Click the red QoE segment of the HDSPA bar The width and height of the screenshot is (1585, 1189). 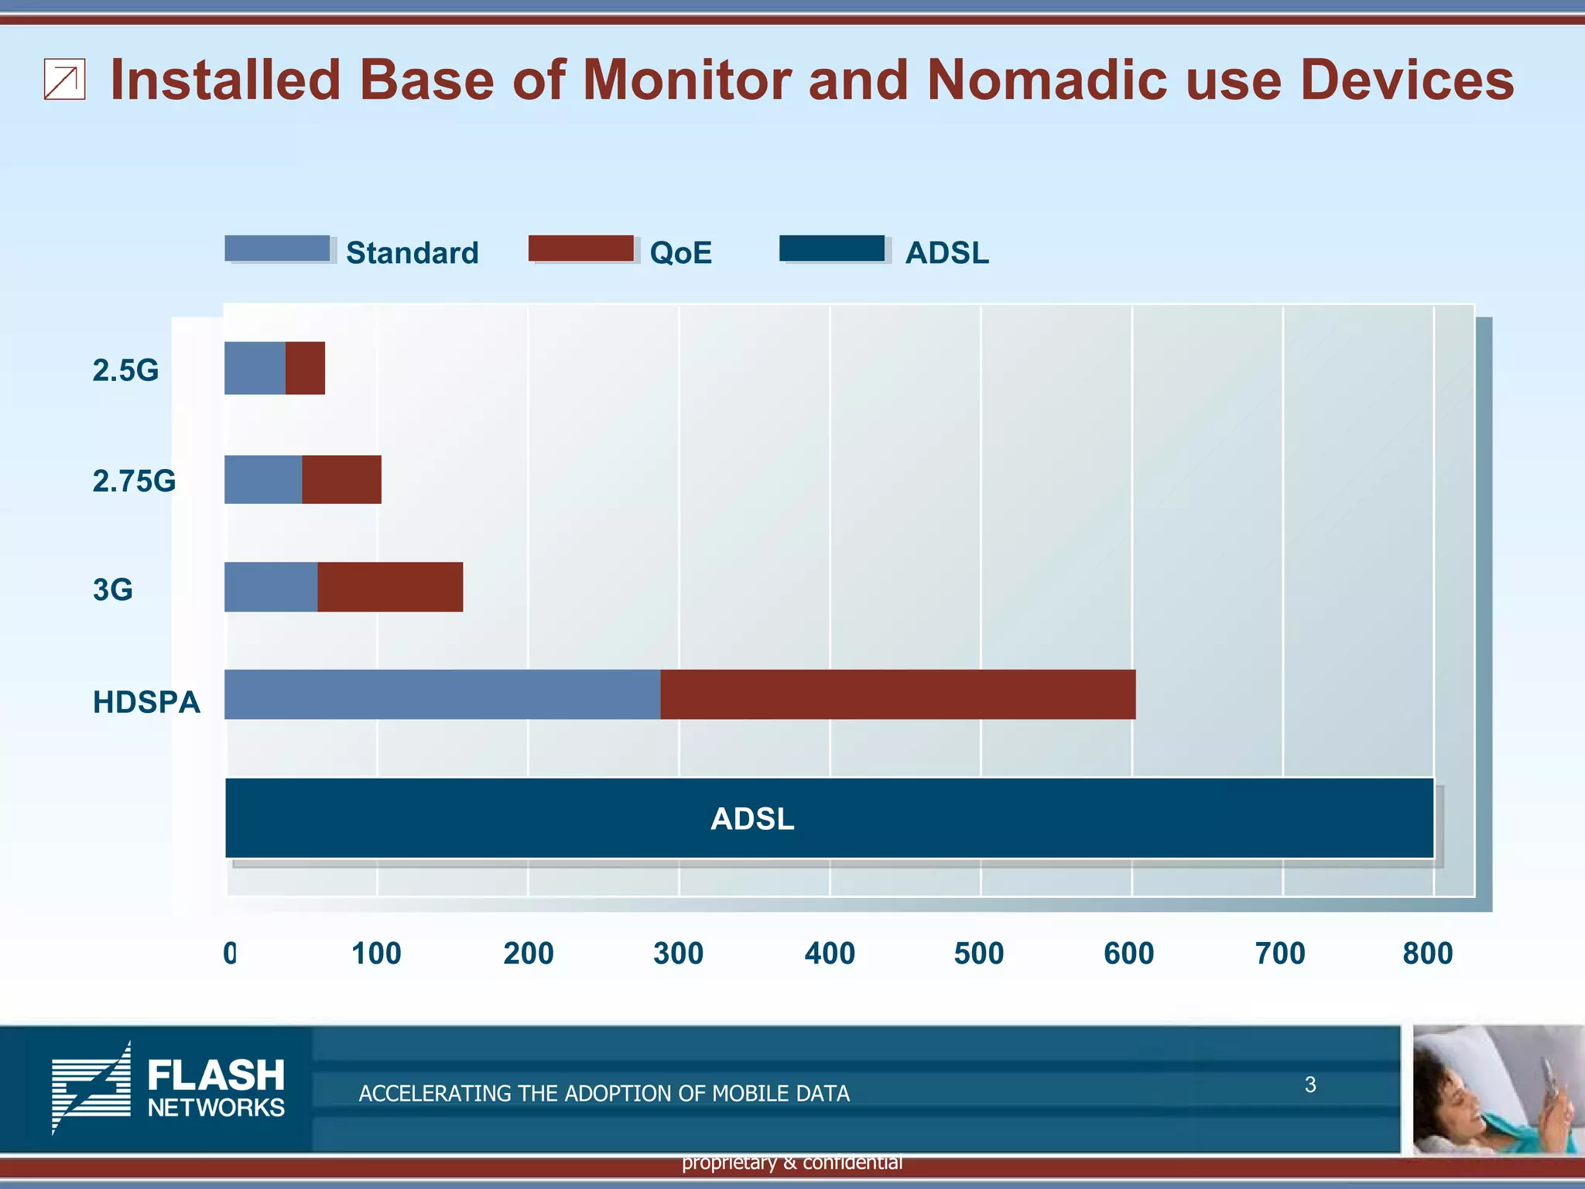pos(898,694)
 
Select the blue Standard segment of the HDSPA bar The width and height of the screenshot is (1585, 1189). pos(442,694)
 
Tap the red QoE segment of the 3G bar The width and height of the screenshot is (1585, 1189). pos(390,587)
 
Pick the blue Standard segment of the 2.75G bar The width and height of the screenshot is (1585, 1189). pos(263,480)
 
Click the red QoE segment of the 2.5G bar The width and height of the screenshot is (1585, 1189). pos(305,368)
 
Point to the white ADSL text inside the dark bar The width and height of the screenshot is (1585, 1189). pos(752,819)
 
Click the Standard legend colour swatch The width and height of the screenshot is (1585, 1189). pos(277,248)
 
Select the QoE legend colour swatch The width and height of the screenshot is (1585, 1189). pos(580,248)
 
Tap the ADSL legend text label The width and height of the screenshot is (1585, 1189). pos(947,253)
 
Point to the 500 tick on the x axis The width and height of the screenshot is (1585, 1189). pos(978,954)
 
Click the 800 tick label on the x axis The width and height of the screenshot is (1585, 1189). pos(1427,954)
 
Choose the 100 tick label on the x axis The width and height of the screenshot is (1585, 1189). pos(376,954)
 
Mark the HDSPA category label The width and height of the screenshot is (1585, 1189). pos(146,702)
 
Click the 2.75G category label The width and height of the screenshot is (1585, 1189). pos(134,481)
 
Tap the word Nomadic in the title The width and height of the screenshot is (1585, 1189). pos(1047,80)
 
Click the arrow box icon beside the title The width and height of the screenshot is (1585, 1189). pos(64,81)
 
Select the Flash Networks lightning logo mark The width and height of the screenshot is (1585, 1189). pos(91,1088)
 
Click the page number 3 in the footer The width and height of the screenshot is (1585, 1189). pos(1309,1084)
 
